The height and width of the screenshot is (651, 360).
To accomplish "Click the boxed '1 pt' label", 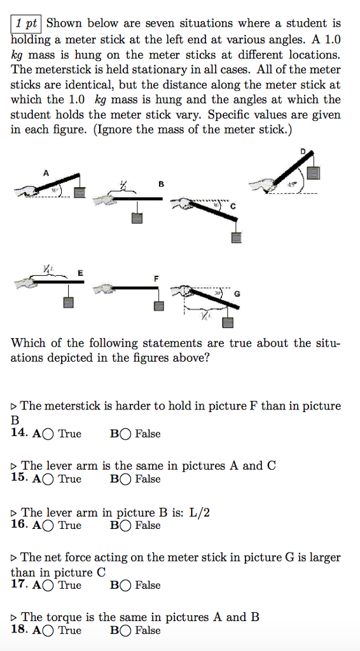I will point(26,24).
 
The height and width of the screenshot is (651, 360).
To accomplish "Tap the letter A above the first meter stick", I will point(46,172).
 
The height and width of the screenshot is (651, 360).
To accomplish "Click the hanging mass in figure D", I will point(313,173).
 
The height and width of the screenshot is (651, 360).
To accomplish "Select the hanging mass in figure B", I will point(137,217).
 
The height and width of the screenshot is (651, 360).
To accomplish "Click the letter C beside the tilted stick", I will point(233,207).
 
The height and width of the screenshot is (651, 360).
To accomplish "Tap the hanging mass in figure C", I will point(236,238).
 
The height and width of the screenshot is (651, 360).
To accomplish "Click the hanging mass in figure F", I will point(159,305).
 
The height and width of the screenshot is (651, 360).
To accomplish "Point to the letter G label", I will point(237,293).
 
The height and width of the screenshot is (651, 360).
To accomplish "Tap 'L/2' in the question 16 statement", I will point(200,512).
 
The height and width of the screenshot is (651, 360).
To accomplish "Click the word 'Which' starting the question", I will point(27,343).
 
